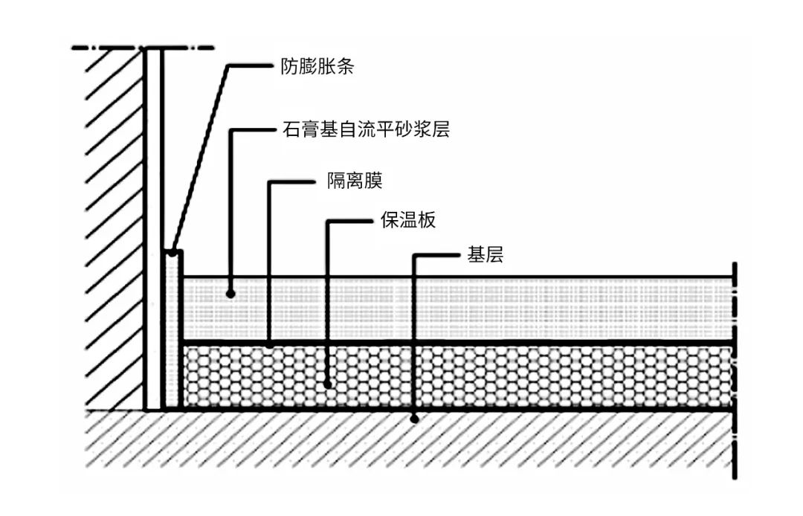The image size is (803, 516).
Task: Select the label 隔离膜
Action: (x=355, y=181)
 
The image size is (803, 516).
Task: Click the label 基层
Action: (x=485, y=255)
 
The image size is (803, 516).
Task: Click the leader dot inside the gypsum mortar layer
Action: (x=231, y=294)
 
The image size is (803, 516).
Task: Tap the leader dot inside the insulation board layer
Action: (x=328, y=384)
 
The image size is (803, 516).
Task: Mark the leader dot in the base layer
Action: (x=415, y=419)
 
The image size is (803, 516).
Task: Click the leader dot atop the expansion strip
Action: (x=172, y=254)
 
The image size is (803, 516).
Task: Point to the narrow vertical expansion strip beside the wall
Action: (x=172, y=331)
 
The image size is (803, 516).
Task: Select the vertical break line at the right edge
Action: (x=735, y=372)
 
